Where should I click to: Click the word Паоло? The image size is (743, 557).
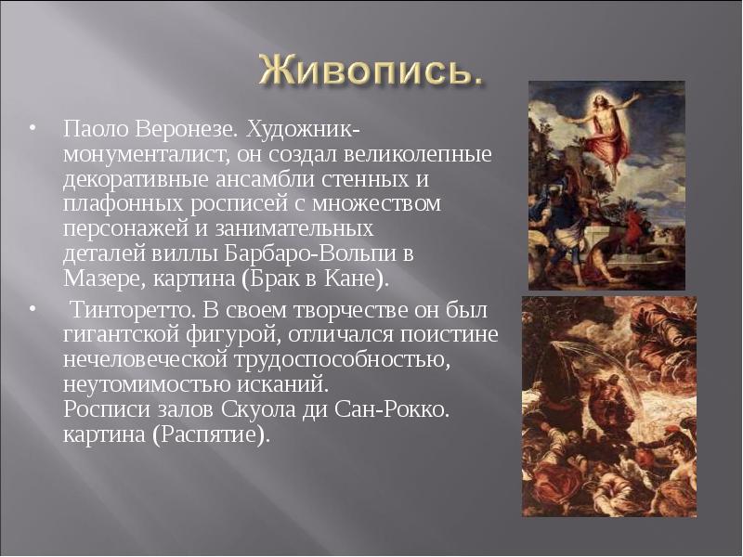[88, 125]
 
